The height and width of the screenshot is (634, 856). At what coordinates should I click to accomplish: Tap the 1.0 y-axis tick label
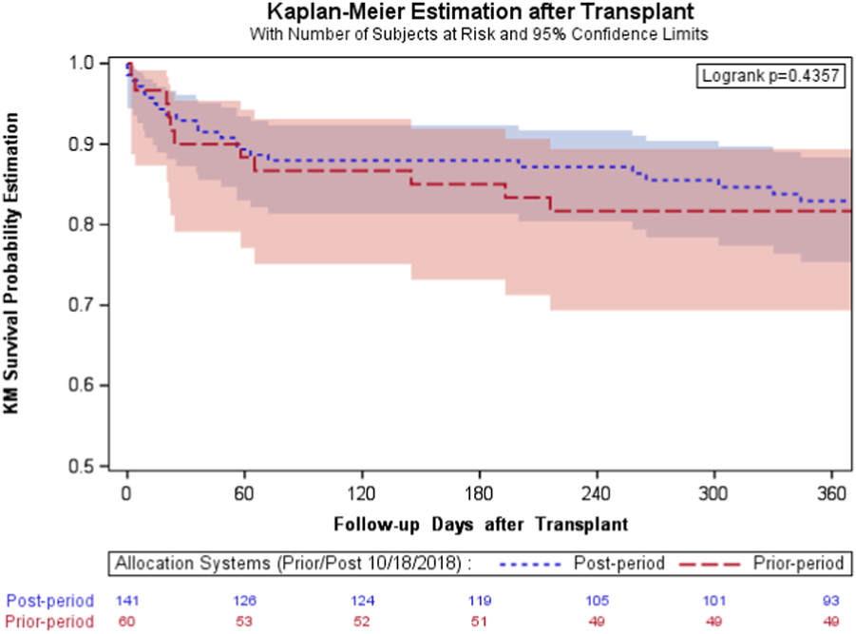tap(81, 63)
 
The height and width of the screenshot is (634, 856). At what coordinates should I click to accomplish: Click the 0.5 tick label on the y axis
tap(81, 467)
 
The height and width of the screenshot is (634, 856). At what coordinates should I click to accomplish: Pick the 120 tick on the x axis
tap(362, 496)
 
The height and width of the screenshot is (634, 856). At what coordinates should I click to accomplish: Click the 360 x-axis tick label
tap(831, 496)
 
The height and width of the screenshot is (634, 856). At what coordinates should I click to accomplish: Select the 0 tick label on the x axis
tap(127, 496)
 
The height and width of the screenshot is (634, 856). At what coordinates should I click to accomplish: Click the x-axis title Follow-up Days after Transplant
tap(480, 524)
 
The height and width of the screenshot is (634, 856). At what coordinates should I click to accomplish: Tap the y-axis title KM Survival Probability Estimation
tap(13, 264)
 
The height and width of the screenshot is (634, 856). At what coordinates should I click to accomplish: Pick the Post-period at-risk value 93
tap(831, 601)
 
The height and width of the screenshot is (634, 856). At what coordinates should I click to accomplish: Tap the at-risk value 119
tap(480, 601)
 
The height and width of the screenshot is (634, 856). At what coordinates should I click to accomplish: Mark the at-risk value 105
tap(597, 601)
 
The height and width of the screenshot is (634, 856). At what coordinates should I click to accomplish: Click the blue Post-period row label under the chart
tap(50, 601)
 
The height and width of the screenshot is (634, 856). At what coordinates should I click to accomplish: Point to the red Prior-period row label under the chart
tap(50, 621)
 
